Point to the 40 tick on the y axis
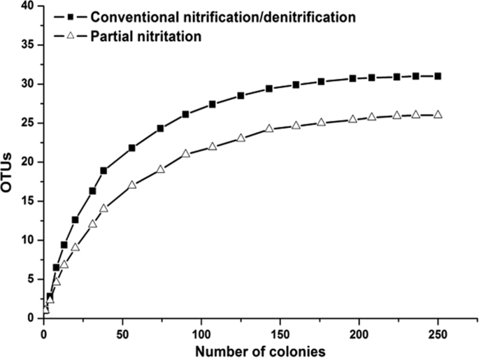pos(29,6)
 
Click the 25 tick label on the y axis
pos(29,123)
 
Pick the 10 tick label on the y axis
pos(29,240)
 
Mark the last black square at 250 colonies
pos(438,76)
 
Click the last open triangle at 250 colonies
pos(438,115)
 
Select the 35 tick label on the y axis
pos(29,45)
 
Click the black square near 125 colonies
pos(241,96)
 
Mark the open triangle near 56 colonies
pos(132,185)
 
